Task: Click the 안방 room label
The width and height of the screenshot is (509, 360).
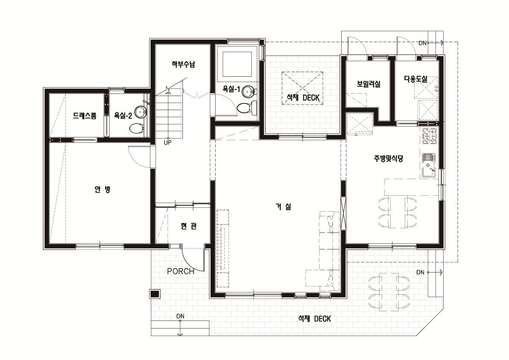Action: [x=102, y=189]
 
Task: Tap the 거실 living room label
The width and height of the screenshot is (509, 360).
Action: [x=283, y=207]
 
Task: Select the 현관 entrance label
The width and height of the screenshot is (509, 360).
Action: [x=188, y=226]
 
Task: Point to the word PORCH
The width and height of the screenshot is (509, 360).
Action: [x=180, y=271]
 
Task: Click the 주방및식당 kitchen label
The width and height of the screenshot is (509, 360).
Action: [x=388, y=159]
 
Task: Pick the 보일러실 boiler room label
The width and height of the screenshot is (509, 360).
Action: [x=368, y=84]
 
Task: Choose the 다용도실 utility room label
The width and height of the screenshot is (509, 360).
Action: [x=415, y=79]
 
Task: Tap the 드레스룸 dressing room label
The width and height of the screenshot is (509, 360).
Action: [x=84, y=115]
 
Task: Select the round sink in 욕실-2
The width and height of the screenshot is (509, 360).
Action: [x=141, y=112]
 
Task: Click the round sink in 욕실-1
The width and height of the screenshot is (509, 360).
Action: [x=249, y=91]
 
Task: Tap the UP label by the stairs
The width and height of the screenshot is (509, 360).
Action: [x=168, y=142]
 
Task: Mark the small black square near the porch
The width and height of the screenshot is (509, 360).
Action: [x=155, y=294]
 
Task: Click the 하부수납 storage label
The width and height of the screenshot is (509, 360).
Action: [x=183, y=64]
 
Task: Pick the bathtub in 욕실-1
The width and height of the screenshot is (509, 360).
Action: [x=237, y=64]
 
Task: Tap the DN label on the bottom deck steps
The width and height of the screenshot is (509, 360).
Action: [x=180, y=316]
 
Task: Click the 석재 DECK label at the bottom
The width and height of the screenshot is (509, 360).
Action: [x=315, y=319]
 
